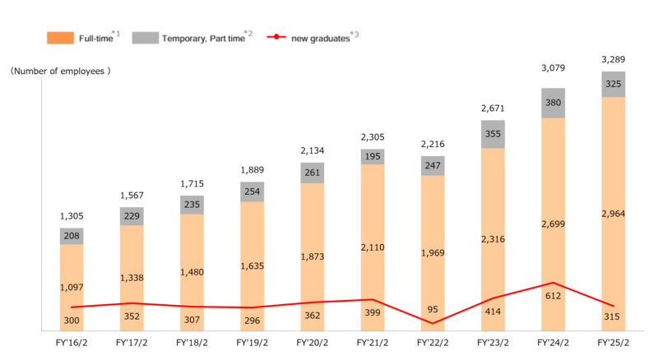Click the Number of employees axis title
point(61,72)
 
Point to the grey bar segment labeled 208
point(72,236)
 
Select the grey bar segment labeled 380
point(553,103)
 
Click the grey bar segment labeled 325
point(613,84)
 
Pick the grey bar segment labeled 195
point(373,156)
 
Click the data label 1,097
point(72,287)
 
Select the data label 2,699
point(553,223)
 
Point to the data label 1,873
point(313,256)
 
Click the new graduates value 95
point(433,310)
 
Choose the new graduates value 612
point(553,296)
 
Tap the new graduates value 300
point(72,320)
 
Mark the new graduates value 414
point(493,312)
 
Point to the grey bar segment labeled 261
point(313,173)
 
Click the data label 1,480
point(192,272)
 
